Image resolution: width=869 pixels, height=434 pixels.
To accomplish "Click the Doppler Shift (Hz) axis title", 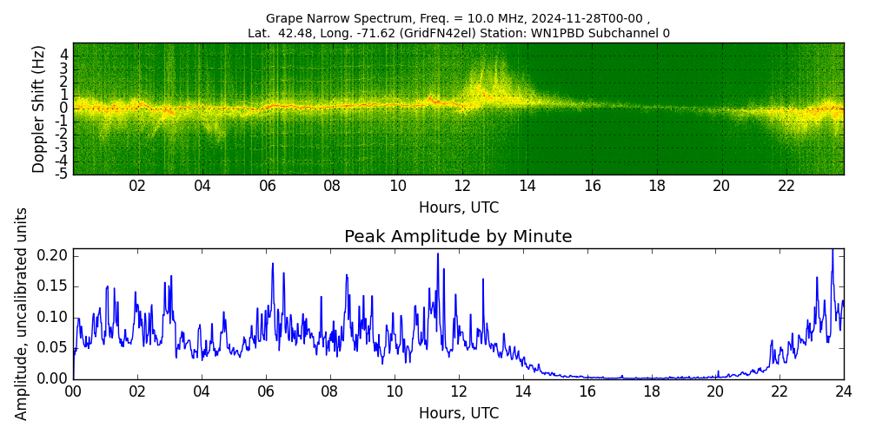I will coord(38,108).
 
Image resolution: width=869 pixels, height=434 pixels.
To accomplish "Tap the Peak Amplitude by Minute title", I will coord(458,237).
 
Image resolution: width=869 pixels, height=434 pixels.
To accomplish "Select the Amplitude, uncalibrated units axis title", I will coord(22,313).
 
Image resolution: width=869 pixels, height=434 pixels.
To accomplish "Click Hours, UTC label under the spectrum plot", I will coord(458,208).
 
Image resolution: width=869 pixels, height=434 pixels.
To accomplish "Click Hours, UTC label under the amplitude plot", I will coord(458,414).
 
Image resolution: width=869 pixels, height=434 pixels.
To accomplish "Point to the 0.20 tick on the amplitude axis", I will coord(55,255).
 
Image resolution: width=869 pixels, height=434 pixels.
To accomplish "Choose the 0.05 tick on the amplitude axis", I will coord(55,348).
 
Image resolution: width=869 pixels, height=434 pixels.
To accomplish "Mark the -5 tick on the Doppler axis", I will coord(63,174).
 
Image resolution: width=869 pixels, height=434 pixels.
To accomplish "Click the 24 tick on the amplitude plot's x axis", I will coord(843,391).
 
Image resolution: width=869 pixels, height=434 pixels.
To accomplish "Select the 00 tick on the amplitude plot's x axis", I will coord(73,391).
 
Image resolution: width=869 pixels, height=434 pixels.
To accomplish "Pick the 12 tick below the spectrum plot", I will coord(462,186).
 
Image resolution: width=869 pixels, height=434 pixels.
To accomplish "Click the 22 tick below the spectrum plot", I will coord(786,186).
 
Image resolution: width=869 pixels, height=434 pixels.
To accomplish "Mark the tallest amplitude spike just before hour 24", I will coord(832,251).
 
